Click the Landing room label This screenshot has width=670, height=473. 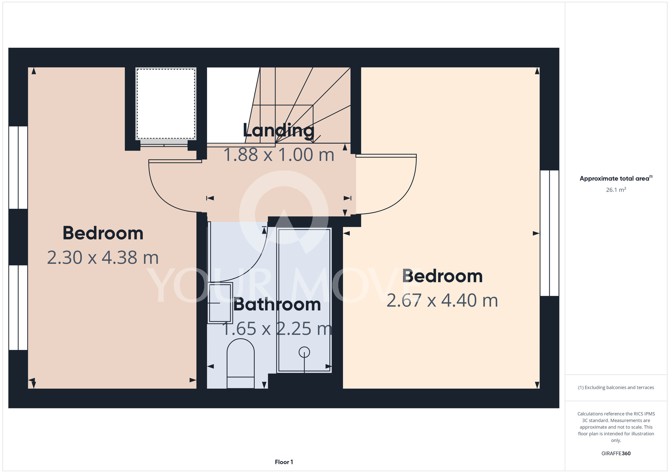click(278, 131)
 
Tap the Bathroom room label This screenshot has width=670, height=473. click(277, 304)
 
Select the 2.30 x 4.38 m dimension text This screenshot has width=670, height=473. click(103, 258)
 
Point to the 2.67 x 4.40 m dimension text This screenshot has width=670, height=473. click(442, 300)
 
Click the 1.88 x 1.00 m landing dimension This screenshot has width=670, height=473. click(279, 155)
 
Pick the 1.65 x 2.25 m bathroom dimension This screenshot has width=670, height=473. click(277, 329)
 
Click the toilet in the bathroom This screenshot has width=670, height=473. click(241, 364)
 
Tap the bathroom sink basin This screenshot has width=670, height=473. click(220, 303)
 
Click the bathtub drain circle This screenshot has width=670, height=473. click(304, 352)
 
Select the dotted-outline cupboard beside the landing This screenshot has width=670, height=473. click(166, 104)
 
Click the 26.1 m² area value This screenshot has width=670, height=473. click(616, 190)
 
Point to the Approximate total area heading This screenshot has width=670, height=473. click(616, 178)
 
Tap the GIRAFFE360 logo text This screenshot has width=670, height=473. click(616, 454)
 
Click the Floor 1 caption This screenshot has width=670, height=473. click(284, 462)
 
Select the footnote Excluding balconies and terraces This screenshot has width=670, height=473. click(616, 387)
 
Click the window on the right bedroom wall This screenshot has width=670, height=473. click(549, 233)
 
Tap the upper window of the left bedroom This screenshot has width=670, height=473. click(18, 168)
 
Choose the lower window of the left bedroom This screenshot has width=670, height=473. click(18, 307)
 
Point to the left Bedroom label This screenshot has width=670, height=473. click(103, 233)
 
